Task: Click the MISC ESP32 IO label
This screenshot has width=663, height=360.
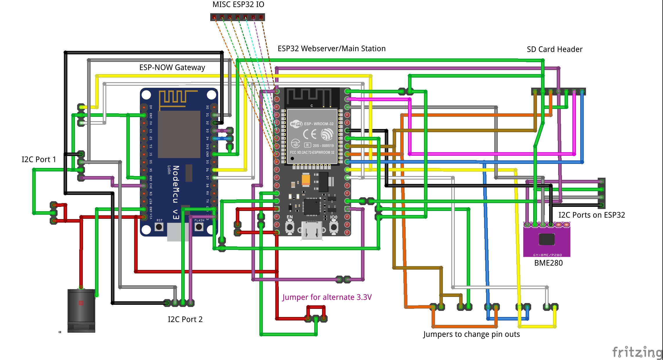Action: click(238, 5)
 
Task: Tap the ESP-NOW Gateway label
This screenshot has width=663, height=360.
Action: click(172, 67)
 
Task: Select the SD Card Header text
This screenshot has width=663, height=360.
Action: click(554, 49)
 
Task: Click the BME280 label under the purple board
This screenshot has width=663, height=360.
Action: click(548, 263)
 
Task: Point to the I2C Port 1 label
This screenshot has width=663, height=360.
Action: click(39, 160)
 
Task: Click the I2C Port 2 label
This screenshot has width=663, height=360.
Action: click(185, 319)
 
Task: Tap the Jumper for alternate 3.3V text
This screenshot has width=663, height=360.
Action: click(327, 297)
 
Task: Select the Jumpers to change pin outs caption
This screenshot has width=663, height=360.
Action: click(471, 334)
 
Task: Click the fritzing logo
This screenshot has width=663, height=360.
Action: click(637, 352)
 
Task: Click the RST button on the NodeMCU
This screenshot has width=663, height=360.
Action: click(159, 227)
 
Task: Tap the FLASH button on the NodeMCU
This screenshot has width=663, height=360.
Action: click(199, 227)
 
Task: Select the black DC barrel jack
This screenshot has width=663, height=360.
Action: click(81, 310)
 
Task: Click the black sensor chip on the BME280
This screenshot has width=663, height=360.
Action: click(547, 239)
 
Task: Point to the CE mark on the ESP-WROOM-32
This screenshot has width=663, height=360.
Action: click(310, 134)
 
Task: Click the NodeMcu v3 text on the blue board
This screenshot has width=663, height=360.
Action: click(176, 192)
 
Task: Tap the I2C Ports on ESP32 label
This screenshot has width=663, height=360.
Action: click(592, 215)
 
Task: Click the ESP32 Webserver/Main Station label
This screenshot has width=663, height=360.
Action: click(331, 49)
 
